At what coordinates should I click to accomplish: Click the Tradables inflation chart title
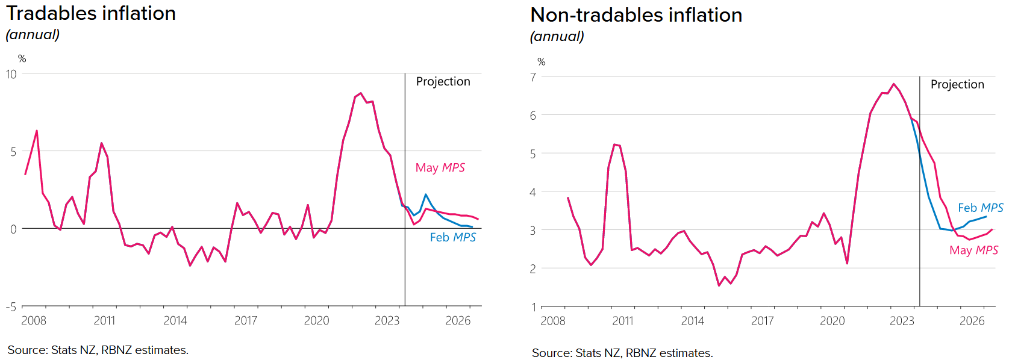(91, 13)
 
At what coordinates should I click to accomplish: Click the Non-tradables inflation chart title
(636, 15)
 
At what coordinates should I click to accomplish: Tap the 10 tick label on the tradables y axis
(11, 74)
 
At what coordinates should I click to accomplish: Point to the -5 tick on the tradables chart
(11, 307)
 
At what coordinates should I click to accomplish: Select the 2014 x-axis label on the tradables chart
(175, 321)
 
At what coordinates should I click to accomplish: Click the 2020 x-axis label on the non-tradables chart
(832, 321)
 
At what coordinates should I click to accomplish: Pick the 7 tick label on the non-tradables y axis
(533, 77)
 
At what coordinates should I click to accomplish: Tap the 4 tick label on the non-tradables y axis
(533, 192)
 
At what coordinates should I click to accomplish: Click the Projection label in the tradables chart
(443, 82)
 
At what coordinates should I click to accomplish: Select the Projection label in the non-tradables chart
(957, 85)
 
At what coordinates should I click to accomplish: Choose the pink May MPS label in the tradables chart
(440, 168)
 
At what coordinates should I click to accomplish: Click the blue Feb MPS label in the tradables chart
(452, 238)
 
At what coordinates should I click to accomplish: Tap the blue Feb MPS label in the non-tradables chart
(980, 208)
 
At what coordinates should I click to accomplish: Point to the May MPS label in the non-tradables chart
(973, 250)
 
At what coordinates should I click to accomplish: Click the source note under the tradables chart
(98, 350)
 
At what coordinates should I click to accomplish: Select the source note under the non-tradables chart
(622, 353)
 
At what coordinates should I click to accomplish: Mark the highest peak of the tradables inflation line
(360, 93)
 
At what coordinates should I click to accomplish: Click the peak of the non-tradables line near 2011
(614, 144)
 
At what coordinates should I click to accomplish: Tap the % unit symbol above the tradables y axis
(22, 59)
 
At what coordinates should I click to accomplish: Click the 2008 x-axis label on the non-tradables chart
(553, 321)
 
